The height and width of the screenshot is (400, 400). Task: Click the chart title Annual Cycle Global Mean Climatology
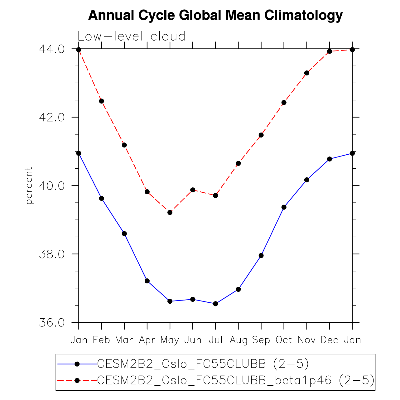(x=215, y=15)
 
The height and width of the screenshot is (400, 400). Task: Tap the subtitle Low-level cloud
(x=131, y=36)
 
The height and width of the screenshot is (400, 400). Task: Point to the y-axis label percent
(x=29, y=186)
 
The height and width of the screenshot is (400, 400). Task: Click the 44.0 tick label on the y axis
(x=51, y=49)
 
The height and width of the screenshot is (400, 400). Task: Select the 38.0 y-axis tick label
(x=51, y=254)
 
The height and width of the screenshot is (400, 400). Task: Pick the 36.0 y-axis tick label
(x=51, y=322)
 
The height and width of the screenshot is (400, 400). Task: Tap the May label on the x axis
(x=170, y=340)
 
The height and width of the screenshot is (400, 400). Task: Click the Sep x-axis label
(x=261, y=340)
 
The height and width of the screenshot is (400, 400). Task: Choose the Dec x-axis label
(x=329, y=340)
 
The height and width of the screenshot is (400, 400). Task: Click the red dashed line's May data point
(x=170, y=212)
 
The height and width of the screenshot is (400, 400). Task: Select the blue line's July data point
(x=215, y=304)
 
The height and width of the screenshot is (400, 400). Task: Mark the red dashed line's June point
(x=193, y=190)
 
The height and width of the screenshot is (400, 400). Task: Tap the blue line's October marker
(x=284, y=207)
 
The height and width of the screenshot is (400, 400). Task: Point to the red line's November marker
(x=306, y=73)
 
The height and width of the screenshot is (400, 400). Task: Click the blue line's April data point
(x=147, y=281)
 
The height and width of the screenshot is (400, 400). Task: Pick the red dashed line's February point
(x=101, y=101)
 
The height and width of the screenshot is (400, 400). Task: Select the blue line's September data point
(x=261, y=256)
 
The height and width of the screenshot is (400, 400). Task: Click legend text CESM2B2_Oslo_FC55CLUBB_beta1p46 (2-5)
(x=236, y=380)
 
